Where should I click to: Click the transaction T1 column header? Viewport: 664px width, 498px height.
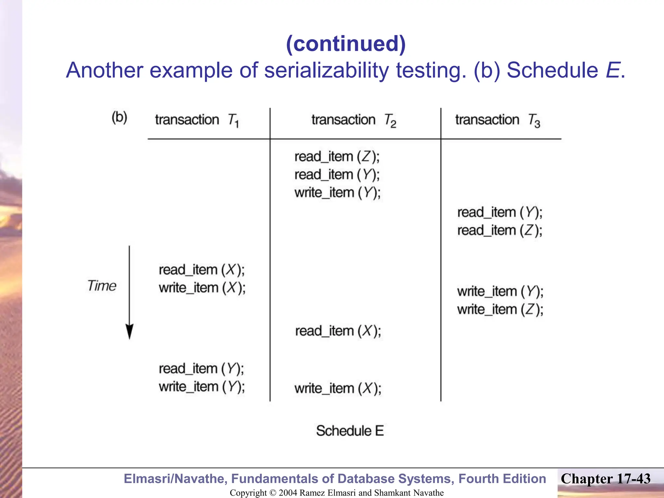tap(197, 120)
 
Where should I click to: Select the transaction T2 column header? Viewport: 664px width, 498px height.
tap(354, 120)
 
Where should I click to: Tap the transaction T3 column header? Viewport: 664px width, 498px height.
tap(497, 120)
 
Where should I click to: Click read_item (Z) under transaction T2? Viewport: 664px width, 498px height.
tap(337, 157)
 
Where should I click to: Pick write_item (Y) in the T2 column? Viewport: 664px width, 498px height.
tap(337, 193)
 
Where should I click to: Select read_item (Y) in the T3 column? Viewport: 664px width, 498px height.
tap(500, 213)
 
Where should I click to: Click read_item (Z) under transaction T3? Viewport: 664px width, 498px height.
tap(500, 231)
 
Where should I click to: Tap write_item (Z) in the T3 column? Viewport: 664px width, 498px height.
tap(500, 310)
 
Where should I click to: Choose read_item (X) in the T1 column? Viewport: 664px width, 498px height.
tap(202, 270)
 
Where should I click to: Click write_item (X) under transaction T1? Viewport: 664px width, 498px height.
tap(202, 288)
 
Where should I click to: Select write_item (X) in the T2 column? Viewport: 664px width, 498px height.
tap(338, 388)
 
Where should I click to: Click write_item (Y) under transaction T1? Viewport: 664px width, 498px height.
tap(202, 387)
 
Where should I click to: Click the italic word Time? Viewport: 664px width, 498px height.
tap(101, 286)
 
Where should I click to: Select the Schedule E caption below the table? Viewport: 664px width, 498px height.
tap(350, 431)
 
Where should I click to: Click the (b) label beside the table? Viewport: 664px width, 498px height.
tap(119, 117)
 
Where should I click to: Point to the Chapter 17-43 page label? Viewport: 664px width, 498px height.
tap(605, 479)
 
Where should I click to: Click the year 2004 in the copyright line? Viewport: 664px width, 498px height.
tap(288, 493)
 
